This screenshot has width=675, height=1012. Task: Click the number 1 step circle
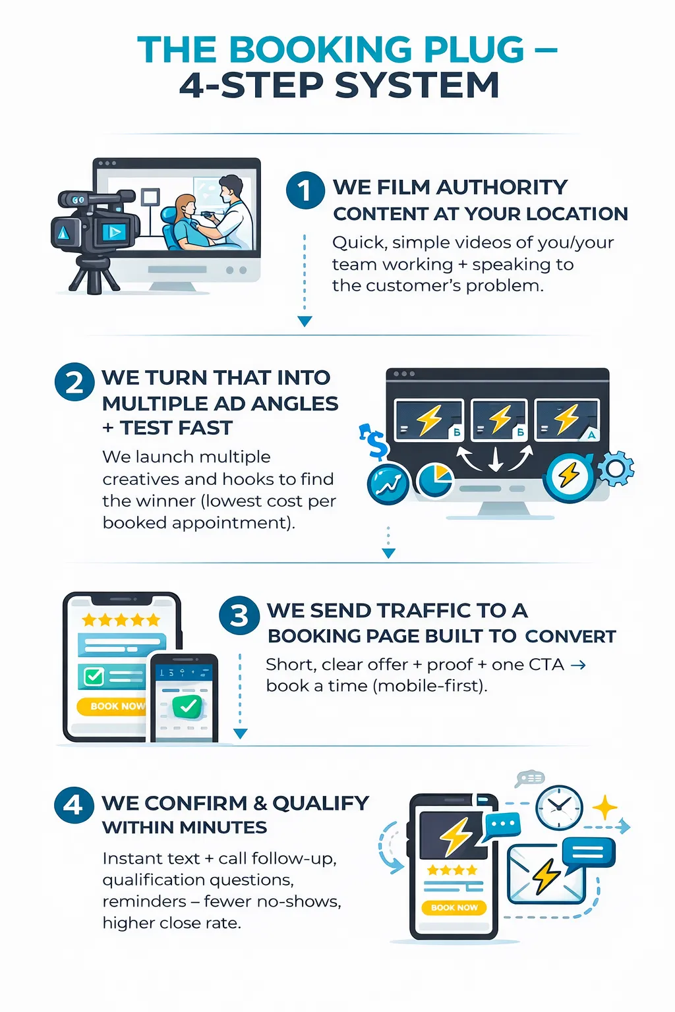coord(305,190)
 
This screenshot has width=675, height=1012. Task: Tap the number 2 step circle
coord(74,382)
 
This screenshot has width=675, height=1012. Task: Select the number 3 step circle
coord(239,615)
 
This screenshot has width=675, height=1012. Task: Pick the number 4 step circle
coord(74,805)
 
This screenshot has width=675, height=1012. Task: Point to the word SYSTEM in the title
coord(417,86)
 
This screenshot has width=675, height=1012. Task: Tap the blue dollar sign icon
coord(375,442)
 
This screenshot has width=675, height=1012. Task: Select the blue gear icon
coord(616,468)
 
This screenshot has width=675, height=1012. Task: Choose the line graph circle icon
coord(388,484)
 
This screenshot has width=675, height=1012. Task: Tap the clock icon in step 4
coord(559,807)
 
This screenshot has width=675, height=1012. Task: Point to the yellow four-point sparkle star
coord(604,808)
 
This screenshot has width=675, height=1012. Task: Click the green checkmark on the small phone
coord(188,706)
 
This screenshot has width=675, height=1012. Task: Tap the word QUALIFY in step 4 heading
coord(320,803)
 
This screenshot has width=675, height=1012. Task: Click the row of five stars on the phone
coord(121,620)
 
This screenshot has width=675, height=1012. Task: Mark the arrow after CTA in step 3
coord(578,665)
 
